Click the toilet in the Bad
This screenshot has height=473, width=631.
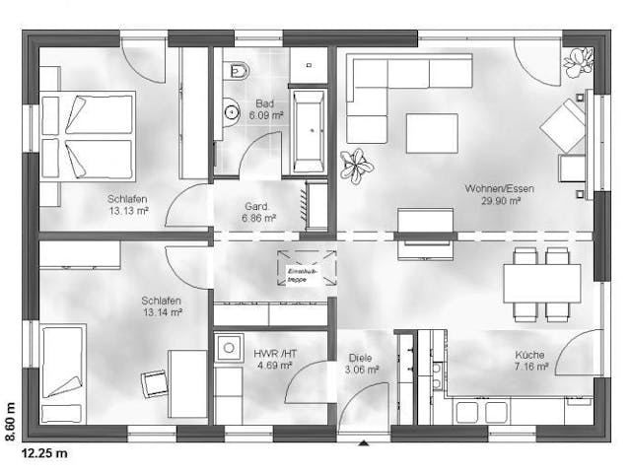(238, 70)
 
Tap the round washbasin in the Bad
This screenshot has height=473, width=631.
(231, 111)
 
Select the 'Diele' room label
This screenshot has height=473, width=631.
(362, 358)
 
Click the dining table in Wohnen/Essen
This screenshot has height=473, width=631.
(541, 284)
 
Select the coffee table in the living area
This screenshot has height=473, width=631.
(432, 133)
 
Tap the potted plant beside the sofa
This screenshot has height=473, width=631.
(356, 165)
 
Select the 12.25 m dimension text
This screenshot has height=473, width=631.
(44, 453)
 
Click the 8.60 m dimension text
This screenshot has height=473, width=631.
(10, 419)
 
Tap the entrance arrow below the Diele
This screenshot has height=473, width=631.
(364, 442)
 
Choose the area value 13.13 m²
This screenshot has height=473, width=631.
(128, 210)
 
